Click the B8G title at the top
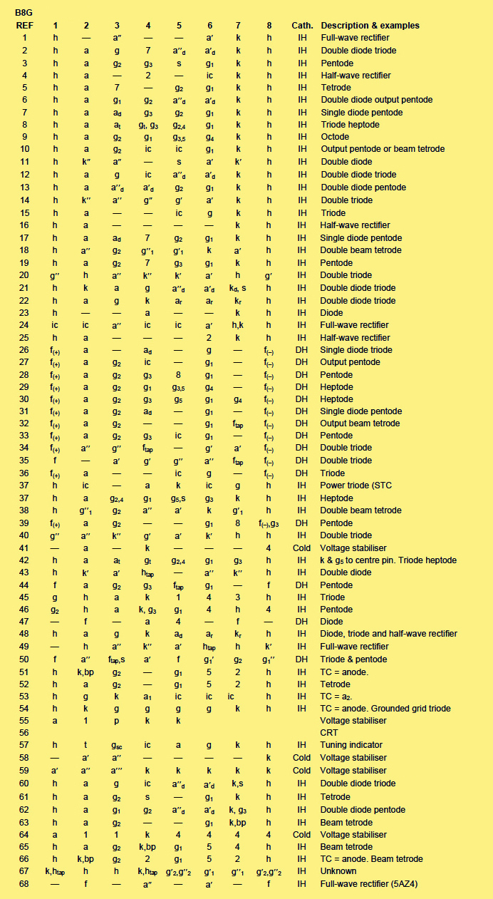pos(25,12)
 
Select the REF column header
pos(24,26)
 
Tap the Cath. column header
pos(302,26)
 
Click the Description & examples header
pos(370,26)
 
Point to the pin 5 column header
pos(178,26)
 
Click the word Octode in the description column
pos(335,137)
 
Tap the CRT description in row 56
pos(331,733)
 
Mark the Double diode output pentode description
pos(376,100)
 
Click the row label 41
pos(24,548)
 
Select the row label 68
pos(24,884)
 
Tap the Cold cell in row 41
pos(302,548)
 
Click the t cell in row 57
pos(86,745)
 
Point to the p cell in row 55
pos(117,721)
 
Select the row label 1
pos(24,38)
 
